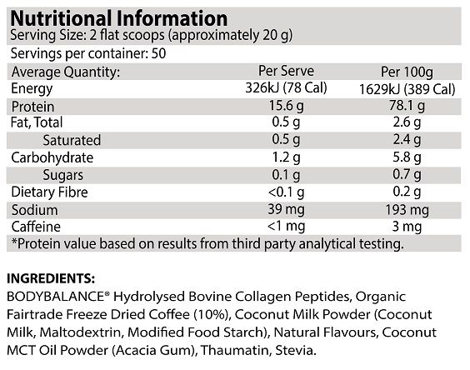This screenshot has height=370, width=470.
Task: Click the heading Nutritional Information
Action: (x=119, y=19)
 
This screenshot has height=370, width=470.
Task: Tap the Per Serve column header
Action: (x=287, y=71)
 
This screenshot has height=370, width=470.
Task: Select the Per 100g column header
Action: (x=407, y=72)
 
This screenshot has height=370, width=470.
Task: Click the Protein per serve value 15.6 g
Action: (x=287, y=106)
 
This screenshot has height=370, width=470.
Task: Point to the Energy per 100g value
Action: (x=407, y=89)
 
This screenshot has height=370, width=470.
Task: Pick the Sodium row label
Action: (x=34, y=210)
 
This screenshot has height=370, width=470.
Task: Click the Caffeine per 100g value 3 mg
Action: (x=407, y=227)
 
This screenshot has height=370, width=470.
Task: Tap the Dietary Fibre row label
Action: (x=49, y=192)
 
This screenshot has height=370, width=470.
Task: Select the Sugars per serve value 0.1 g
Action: (x=286, y=175)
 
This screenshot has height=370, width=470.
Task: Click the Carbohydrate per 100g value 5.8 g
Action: (x=407, y=157)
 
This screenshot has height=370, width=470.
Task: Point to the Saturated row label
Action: (x=72, y=140)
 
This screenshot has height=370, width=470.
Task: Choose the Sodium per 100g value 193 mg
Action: (x=407, y=210)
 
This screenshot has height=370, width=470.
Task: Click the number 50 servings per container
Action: (x=158, y=53)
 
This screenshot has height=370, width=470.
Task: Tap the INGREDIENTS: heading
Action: (x=51, y=278)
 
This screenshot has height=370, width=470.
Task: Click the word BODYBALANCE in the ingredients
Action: (x=56, y=297)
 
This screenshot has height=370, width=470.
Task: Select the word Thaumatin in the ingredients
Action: (x=235, y=350)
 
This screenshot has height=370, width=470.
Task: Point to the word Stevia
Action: (x=296, y=350)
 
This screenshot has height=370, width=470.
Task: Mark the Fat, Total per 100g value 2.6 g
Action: (x=407, y=122)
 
